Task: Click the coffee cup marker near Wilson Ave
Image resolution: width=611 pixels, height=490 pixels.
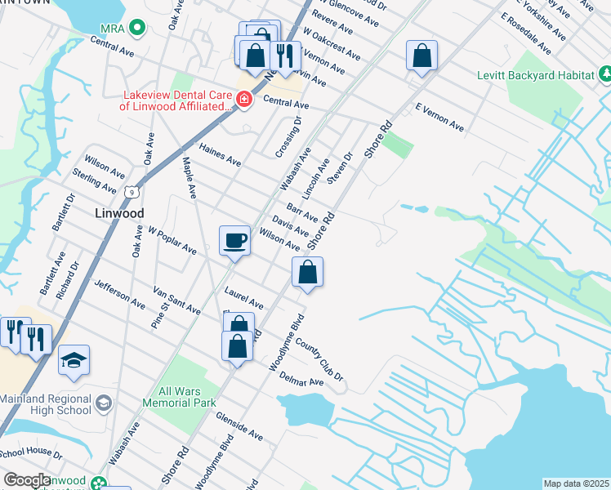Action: point(234,240)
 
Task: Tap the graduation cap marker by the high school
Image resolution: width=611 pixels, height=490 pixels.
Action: point(74,360)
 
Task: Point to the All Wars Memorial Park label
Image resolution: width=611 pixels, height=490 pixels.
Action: point(178,397)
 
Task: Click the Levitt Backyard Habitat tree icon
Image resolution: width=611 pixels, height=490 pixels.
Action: point(604,75)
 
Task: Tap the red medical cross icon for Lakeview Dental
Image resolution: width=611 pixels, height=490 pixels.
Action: point(243,100)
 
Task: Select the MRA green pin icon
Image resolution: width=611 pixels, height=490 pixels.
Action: point(137,29)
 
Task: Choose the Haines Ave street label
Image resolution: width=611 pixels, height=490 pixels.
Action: point(221,151)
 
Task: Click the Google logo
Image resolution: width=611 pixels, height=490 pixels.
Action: point(27,480)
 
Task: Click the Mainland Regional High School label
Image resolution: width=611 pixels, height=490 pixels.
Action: point(47,405)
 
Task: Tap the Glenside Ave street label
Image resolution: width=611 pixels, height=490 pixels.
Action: point(239,425)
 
